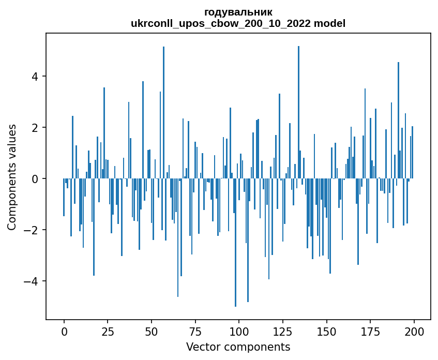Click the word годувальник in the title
click(x=238, y=12)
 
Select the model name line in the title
click(x=238, y=23)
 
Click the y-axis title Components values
click(x=12, y=177)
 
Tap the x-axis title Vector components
click(x=238, y=347)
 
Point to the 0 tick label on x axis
click(x=64, y=331)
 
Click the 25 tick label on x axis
click(x=108, y=331)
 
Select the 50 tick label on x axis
click(x=152, y=331)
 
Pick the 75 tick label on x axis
click(x=195, y=331)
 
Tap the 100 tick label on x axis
click(x=239, y=331)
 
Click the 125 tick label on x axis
click(x=283, y=331)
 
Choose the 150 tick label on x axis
click(x=326, y=331)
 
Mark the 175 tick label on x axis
click(x=370, y=331)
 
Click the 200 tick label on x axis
click(x=414, y=331)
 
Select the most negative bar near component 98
click(x=235, y=243)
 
